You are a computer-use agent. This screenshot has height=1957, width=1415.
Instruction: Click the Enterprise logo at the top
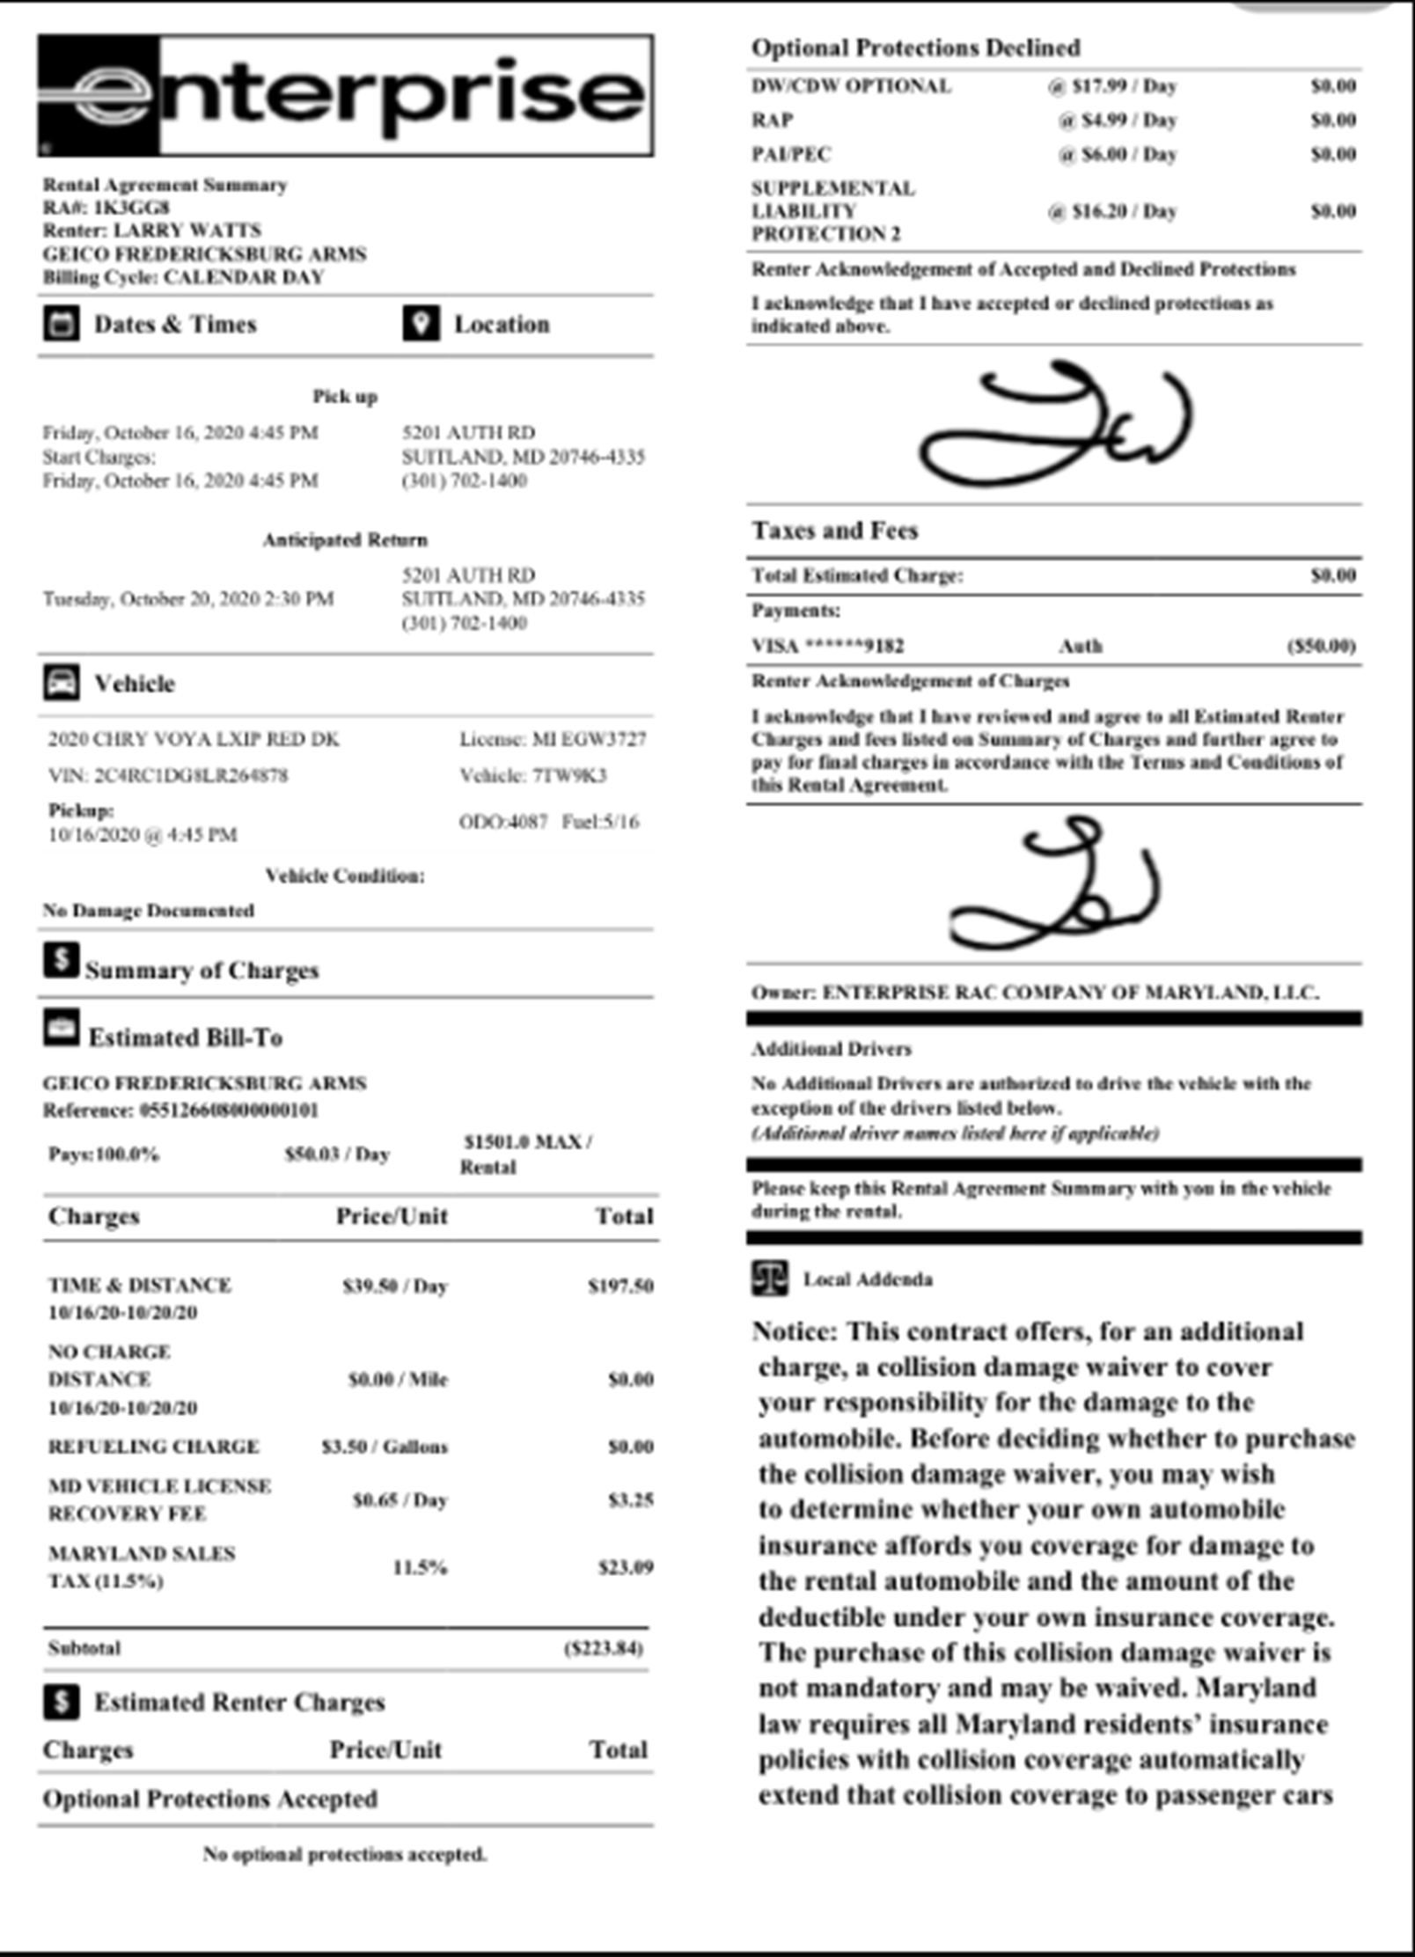(345, 96)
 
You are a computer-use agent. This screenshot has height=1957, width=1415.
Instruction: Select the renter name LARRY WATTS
(187, 231)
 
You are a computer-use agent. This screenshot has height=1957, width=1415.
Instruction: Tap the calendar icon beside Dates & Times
(62, 324)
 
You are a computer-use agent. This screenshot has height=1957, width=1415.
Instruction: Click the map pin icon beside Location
(421, 324)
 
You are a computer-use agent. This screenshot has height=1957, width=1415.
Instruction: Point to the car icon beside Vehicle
(62, 683)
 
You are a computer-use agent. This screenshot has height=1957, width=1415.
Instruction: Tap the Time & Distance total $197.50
(620, 1286)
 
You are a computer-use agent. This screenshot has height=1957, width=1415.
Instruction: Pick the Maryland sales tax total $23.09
(626, 1567)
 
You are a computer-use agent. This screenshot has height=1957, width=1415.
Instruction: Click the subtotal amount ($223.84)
(604, 1648)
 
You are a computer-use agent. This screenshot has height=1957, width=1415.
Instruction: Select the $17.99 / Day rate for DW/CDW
(1112, 86)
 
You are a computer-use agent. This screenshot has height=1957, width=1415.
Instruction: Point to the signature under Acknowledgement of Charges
(1056, 885)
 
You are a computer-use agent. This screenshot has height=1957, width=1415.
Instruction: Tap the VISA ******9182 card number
(827, 646)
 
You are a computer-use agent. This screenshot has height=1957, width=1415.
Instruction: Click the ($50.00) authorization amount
(1321, 646)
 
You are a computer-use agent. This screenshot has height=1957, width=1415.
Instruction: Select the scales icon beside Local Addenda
(769, 1279)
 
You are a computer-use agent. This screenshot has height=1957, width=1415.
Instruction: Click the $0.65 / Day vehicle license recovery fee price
(400, 1499)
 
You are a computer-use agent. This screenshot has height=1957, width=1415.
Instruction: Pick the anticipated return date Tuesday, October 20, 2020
(188, 599)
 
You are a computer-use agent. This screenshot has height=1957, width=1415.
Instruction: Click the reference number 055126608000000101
(229, 1110)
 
